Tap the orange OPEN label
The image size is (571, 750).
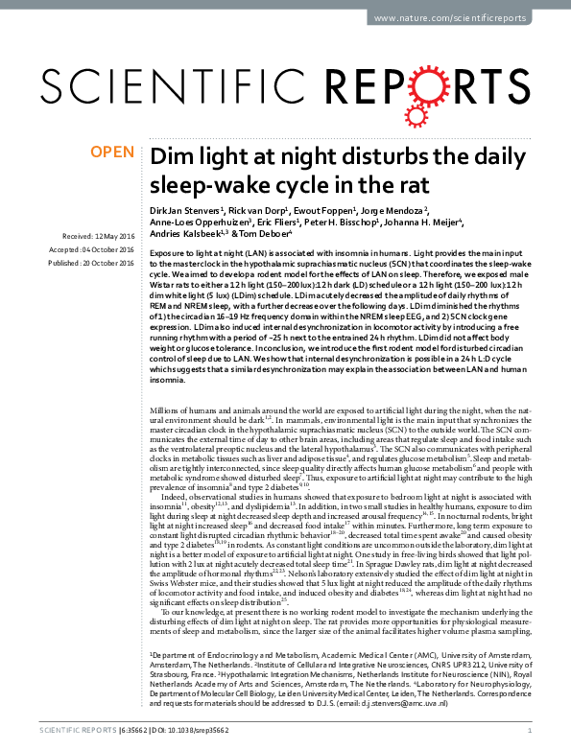112,152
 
